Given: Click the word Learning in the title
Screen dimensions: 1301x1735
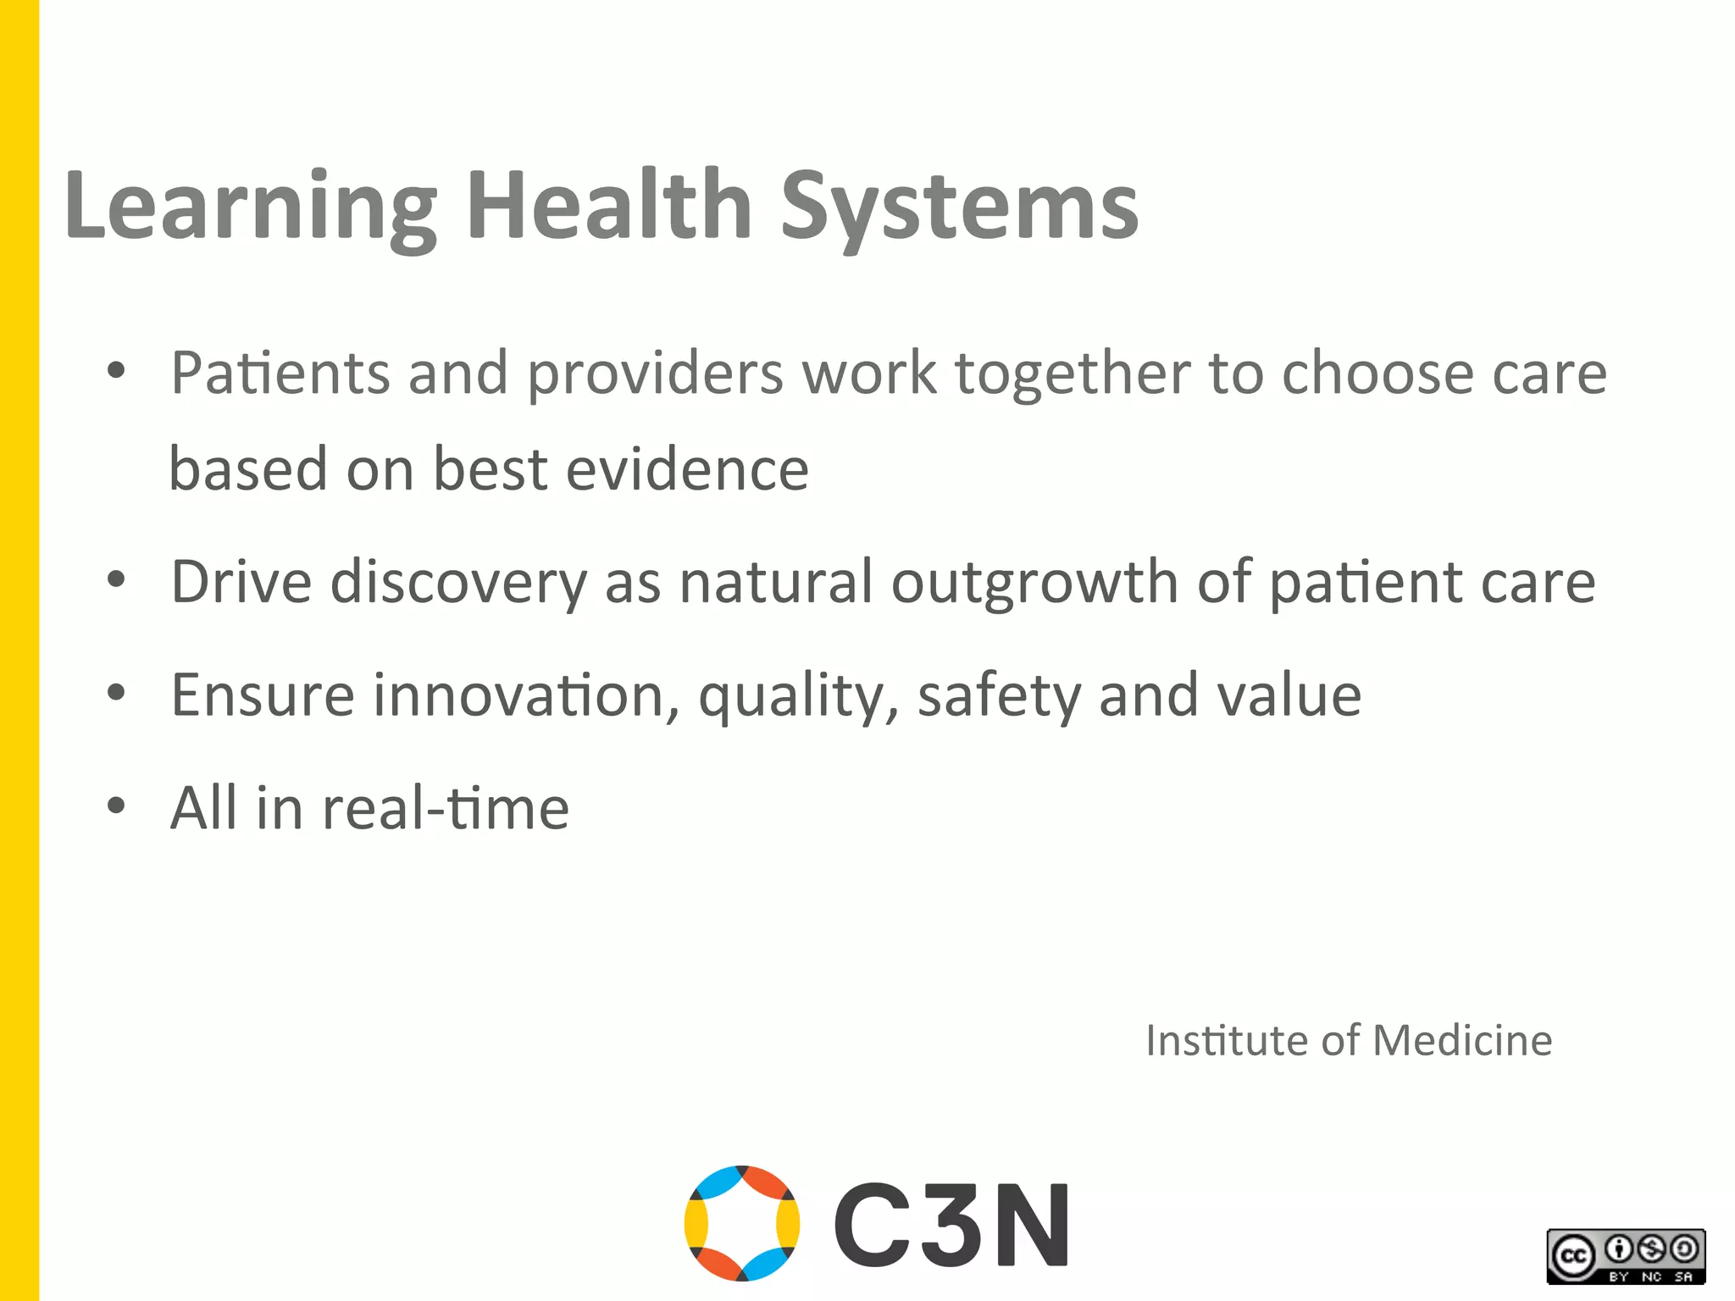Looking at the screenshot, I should point(250,208).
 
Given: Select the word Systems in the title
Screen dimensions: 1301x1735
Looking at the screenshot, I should point(959,208).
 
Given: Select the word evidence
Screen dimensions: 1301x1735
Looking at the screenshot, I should point(687,469).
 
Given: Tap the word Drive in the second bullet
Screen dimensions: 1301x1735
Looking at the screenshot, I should point(241,582).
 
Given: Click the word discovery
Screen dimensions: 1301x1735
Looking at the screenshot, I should point(458,584).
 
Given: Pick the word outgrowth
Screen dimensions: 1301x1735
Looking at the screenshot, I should point(1034,584).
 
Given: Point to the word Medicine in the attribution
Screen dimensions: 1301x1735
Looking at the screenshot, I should point(1462,1040).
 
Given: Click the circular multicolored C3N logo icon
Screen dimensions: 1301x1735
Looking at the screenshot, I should point(741,1222).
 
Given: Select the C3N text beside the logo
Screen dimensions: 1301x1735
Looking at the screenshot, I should point(951,1225).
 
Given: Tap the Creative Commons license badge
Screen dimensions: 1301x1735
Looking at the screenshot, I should point(1626,1256).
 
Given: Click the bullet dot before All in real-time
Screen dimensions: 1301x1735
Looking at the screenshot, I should point(116,805).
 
